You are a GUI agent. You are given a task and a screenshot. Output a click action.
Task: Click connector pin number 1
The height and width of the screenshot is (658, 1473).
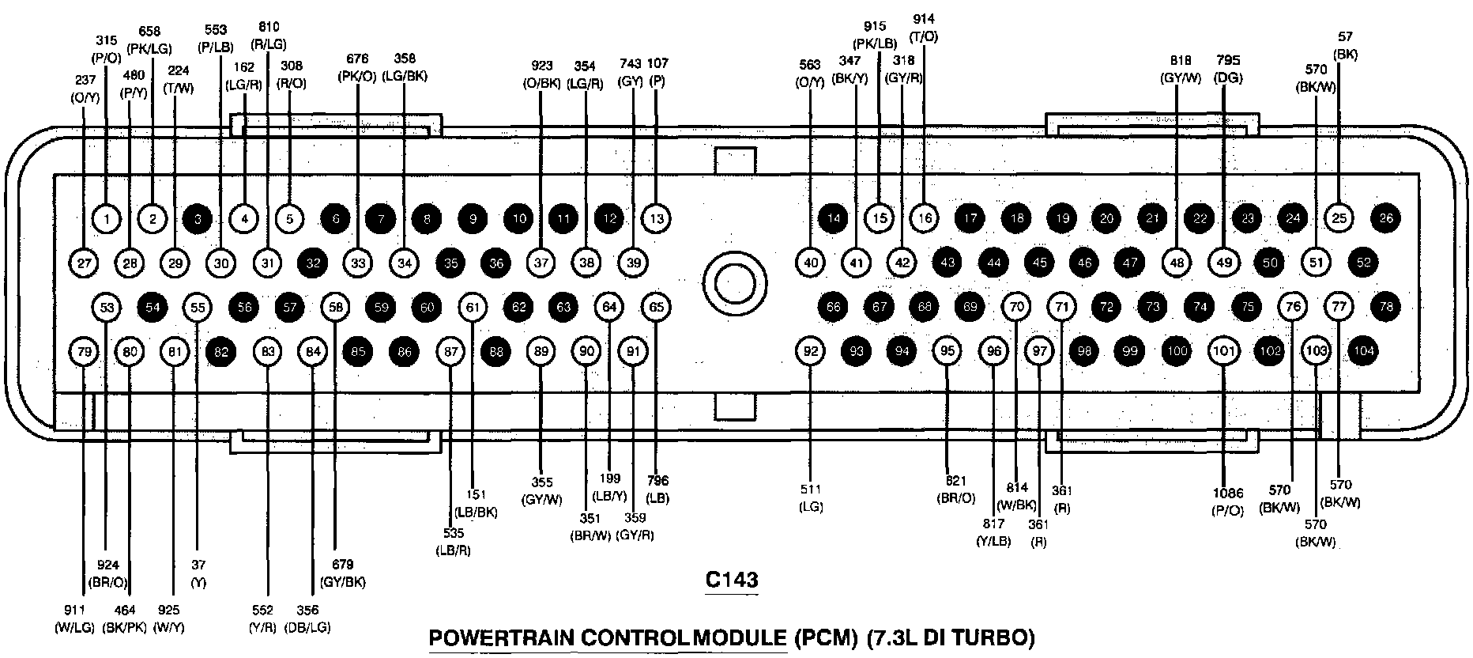pos(107,217)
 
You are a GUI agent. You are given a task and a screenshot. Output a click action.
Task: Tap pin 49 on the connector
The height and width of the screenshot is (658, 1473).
pos(1224,263)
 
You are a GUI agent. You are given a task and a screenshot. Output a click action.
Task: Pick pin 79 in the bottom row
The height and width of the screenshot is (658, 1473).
pos(84,351)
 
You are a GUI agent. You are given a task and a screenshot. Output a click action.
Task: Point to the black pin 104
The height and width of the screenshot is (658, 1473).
pos(1363,351)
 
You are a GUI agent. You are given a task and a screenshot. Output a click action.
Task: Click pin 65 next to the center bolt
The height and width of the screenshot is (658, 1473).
pos(657,307)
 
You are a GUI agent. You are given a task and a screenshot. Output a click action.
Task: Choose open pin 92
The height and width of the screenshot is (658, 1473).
pos(811,351)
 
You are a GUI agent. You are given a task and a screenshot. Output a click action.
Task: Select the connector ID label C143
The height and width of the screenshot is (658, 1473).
pos(731,580)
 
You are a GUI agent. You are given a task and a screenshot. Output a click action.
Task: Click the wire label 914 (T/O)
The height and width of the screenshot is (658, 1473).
pos(924,28)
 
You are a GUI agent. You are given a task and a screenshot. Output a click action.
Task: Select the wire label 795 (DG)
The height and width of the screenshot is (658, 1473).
pos(1228,69)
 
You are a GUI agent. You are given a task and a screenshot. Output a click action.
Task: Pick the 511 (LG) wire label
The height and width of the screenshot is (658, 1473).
pos(811,498)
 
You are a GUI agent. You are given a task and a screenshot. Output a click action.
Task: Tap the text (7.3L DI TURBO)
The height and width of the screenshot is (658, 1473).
pos(950,637)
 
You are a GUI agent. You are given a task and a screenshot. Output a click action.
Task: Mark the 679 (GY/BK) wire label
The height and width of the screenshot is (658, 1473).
pos(343,573)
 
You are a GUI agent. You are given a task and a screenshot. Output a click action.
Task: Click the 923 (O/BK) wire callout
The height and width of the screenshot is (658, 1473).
pos(541,74)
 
